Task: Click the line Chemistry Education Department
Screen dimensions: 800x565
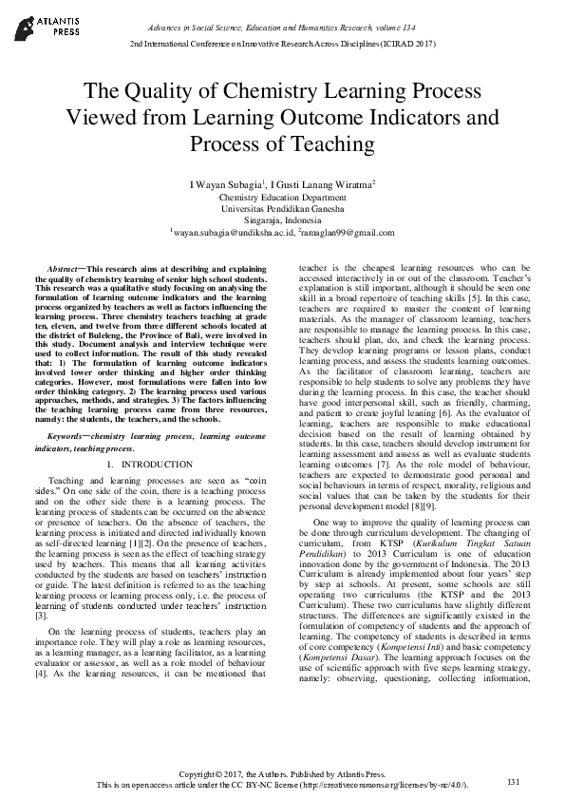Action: (282, 196)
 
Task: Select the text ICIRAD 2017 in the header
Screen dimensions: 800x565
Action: (406, 45)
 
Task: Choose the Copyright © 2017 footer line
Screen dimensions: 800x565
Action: (283, 774)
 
